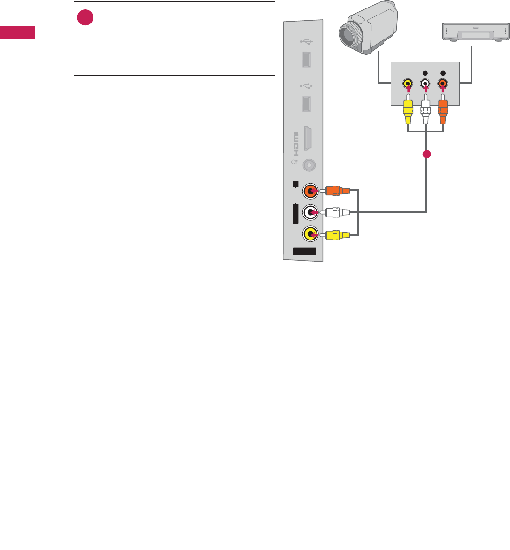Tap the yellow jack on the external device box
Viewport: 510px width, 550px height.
[x=408, y=85]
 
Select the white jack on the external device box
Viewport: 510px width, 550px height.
[x=425, y=85]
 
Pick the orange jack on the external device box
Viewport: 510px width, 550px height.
[x=442, y=85]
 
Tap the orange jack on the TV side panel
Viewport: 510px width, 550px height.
[x=310, y=191]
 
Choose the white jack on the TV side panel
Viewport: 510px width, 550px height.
[x=310, y=212]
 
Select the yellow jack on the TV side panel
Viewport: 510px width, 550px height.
[x=310, y=233]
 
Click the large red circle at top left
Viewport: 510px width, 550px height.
[x=85, y=18]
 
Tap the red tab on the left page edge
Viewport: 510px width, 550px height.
[x=17, y=32]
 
